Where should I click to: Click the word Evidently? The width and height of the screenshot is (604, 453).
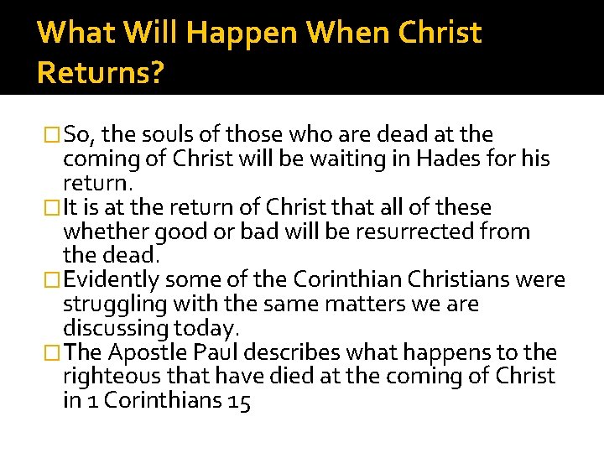pos(117,280)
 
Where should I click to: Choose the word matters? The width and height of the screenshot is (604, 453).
pos(336,304)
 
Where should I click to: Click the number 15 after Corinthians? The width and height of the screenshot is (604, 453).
pos(238,401)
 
